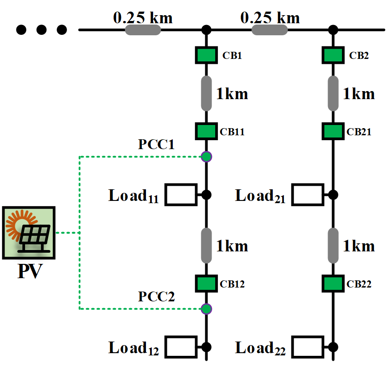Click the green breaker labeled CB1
tap(206, 56)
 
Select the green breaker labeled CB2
tap(333, 56)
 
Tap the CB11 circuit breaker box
tap(206, 131)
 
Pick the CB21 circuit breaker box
tap(333, 131)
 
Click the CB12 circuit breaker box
tap(206, 283)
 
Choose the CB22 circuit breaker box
tap(333, 283)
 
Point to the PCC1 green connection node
tap(206, 157)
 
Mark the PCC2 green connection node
tap(206, 309)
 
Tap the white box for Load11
tap(181, 195)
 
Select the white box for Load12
tap(181, 346)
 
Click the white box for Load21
tap(308, 195)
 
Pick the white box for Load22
tap(308, 346)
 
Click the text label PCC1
tap(156, 145)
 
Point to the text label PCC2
tap(156, 297)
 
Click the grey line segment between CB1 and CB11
tap(206, 93)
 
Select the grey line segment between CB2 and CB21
tap(333, 93)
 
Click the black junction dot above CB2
tap(333, 30)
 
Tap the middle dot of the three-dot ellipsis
tap(42, 30)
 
